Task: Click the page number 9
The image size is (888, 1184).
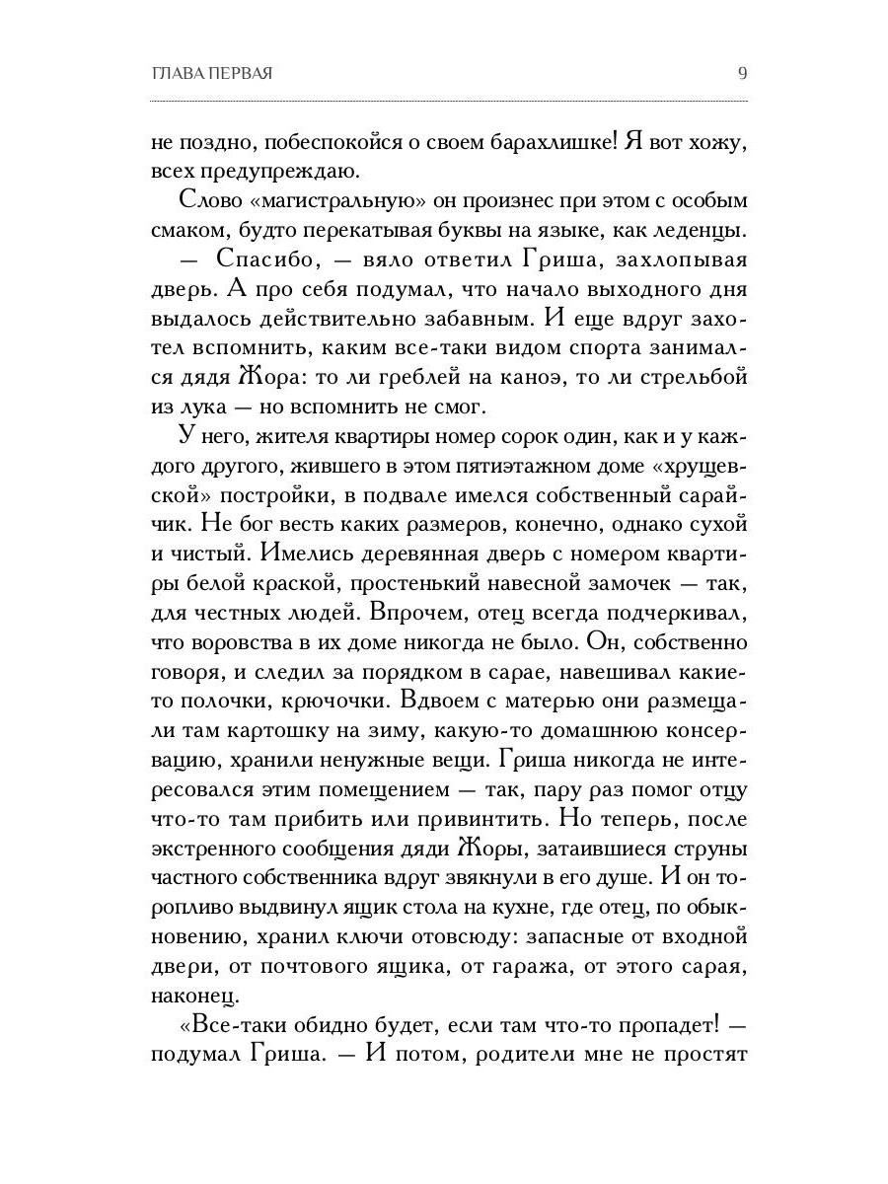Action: [x=742, y=73]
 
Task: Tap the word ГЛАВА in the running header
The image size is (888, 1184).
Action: [x=174, y=74]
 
